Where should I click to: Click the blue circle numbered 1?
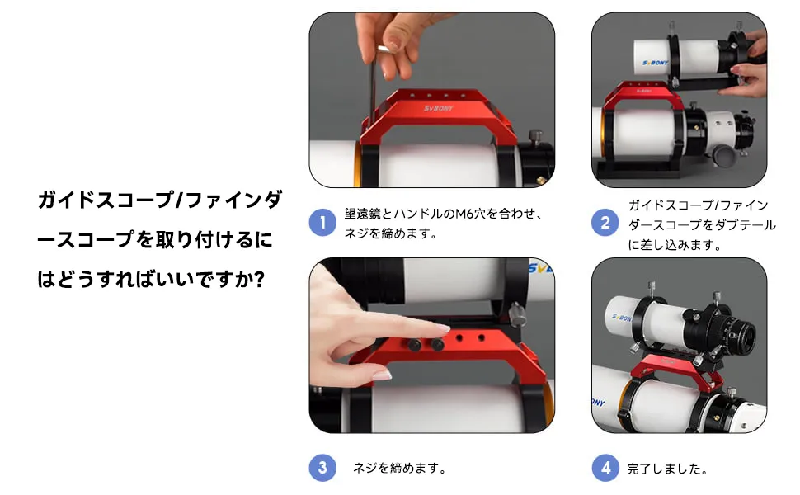322,223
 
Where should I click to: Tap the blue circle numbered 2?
605,223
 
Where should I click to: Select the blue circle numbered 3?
322,468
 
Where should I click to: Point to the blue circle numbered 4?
605,468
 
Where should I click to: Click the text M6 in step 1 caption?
464,214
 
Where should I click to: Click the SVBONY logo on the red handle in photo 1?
438,108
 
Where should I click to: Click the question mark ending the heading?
259,279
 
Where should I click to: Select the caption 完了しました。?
667,469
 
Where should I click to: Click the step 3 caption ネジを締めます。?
399,468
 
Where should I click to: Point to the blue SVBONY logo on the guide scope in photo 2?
655,63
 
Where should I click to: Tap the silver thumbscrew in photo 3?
517,313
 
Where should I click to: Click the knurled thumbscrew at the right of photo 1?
535,137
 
